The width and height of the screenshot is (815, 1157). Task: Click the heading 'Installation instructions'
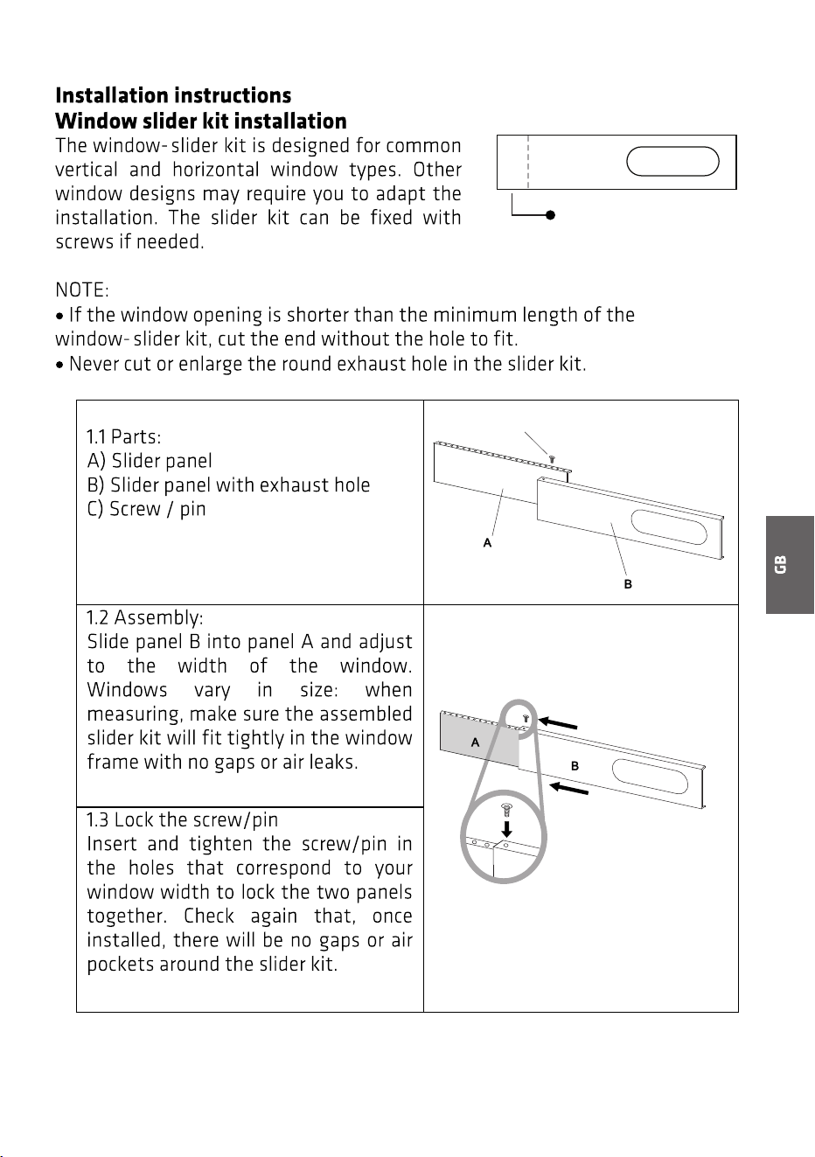[173, 95]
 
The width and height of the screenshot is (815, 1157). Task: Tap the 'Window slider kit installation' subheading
[201, 122]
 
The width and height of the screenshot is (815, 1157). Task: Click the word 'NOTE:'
[82, 289]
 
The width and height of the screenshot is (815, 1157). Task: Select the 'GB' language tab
[790, 565]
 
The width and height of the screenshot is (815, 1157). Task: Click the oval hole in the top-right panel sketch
[672, 161]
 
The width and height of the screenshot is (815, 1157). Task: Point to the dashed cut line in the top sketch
[528, 162]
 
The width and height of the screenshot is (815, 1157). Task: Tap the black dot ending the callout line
[551, 215]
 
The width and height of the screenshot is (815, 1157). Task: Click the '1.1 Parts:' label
[123, 437]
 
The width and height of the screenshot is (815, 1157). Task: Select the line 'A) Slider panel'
[150, 461]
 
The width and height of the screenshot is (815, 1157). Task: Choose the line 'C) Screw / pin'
[146, 509]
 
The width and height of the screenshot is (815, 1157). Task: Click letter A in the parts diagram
[487, 542]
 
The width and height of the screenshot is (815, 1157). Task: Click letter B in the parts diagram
[628, 583]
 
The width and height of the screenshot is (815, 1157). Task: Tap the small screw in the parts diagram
[552, 458]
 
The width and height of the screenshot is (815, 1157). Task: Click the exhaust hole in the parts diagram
[669, 527]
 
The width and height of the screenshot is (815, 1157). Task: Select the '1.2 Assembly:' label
[144, 617]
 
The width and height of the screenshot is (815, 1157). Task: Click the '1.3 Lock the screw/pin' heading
[182, 819]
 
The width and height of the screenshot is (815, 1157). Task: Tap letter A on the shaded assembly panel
[475, 742]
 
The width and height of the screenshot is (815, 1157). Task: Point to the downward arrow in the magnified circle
[506, 829]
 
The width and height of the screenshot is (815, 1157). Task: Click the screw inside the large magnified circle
[506, 811]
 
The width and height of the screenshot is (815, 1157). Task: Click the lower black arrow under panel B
[568, 789]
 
